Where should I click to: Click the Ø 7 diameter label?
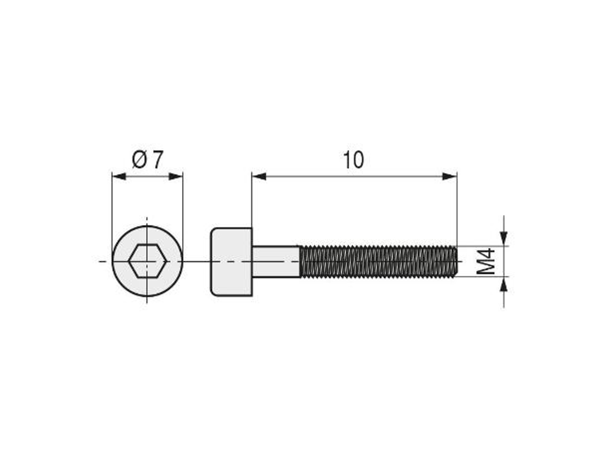click(x=147, y=160)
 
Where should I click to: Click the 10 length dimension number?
click(x=353, y=160)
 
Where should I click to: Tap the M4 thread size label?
click(x=486, y=261)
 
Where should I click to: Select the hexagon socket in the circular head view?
click(x=147, y=261)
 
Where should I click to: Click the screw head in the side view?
click(x=231, y=261)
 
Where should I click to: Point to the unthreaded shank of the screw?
click(x=276, y=261)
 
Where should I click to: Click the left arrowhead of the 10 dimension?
click(x=259, y=176)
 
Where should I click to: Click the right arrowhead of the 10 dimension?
click(x=450, y=176)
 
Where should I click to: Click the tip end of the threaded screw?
click(x=456, y=261)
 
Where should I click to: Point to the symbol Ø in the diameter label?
click(x=139, y=160)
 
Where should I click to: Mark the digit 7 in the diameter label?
click(x=156, y=160)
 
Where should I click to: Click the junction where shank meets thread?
click(x=300, y=261)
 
